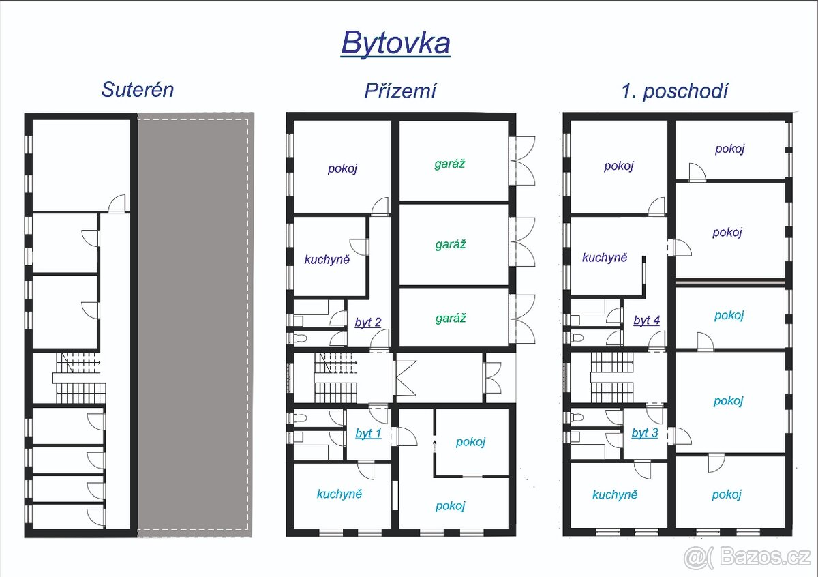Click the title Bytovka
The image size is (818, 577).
[395, 44]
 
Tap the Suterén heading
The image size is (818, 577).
[137, 89]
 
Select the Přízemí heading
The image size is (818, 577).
[400, 91]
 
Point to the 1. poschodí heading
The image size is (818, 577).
[675, 91]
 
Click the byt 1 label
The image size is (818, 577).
[368, 433]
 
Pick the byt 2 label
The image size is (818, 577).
[368, 322]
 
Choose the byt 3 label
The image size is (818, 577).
[645, 432]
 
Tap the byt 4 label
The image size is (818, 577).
[647, 320]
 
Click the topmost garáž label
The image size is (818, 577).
[449, 164]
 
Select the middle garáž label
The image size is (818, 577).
[451, 244]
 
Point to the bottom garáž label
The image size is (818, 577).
[451, 319]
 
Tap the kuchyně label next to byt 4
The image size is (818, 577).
[605, 258]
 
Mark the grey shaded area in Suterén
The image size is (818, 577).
[195, 325]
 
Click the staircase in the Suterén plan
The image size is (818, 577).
[80, 378]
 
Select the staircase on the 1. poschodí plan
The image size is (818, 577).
[612, 377]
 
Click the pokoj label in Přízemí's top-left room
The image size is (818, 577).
[342, 169]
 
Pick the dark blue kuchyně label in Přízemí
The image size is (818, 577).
[327, 260]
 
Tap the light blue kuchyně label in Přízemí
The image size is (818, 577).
[339, 494]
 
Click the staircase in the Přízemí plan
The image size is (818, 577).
[335, 378]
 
